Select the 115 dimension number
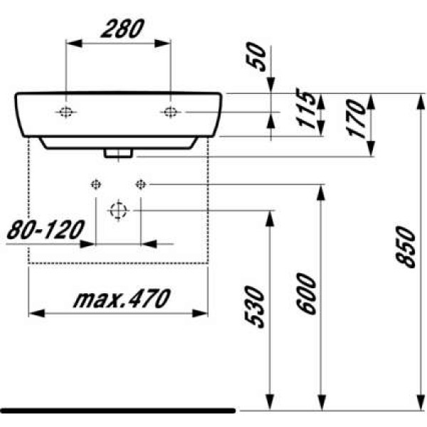point(306,110)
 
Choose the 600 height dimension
point(306,293)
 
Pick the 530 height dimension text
point(257,307)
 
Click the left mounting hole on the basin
point(66,112)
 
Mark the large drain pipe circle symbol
point(118,211)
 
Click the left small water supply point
point(96,185)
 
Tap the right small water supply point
point(140,185)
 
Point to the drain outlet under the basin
point(118,152)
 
